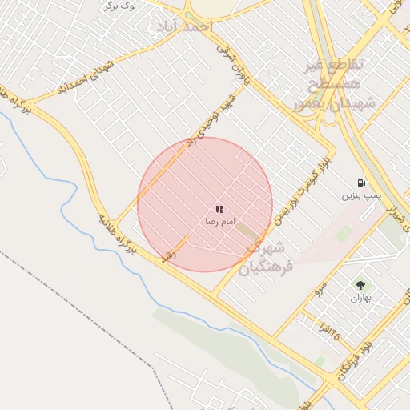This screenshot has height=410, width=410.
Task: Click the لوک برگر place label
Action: coord(120,5)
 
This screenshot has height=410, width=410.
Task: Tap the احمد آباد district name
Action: coord(187,26)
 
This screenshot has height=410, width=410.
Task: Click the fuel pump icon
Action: coord(362,183)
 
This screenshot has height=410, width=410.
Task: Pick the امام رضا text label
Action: coord(219,219)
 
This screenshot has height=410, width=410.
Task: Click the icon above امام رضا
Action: coord(219,209)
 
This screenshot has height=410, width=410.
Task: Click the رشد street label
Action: coord(168,255)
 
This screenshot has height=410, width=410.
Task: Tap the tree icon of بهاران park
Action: coord(360,285)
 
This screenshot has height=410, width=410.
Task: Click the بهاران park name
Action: coord(360,299)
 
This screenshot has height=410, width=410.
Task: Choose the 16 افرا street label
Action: coord(328,330)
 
